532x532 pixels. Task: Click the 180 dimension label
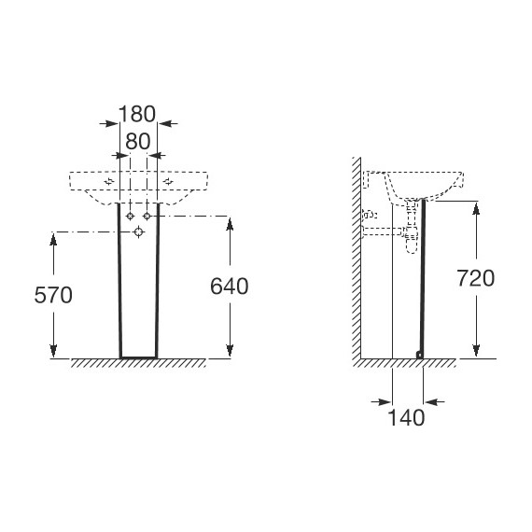(x=137, y=114)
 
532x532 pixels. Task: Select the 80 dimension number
(x=138, y=142)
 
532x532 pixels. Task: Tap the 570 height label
(x=53, y=295)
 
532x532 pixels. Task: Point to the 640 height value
(x=230, y=286)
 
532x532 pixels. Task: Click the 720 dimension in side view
(x=476, y=278)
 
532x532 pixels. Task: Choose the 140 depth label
(x=406, y=417)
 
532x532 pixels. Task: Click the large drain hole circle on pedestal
(x=138, y=232)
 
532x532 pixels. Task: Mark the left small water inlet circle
(x=130, y=217)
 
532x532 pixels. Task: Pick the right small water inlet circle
(x=147, y=217)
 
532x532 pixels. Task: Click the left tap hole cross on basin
(x=109, y=181)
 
